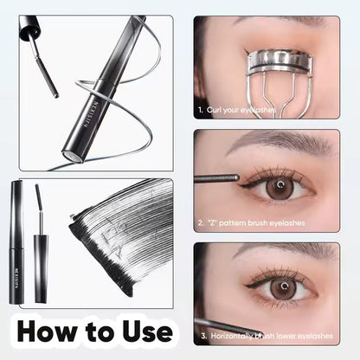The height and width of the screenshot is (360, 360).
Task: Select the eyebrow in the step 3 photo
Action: (277, 252)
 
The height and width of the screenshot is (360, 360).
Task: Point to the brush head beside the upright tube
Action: (39, 201)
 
